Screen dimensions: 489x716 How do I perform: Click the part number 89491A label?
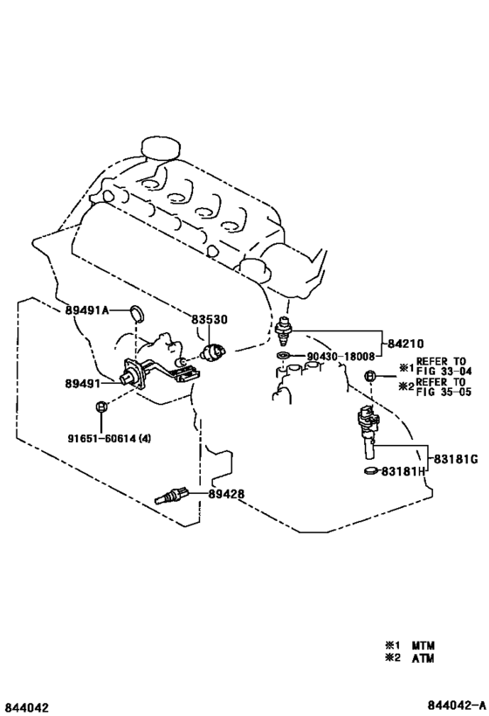[87, 310]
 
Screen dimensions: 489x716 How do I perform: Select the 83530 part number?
[209, 320]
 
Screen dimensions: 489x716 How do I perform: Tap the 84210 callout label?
[405, 344]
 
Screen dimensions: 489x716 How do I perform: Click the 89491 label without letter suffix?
[83, 384]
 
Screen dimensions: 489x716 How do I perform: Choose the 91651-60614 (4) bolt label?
[109, 439]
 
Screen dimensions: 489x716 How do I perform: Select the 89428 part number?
[227, 494]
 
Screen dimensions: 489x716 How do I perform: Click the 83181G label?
[456, 459]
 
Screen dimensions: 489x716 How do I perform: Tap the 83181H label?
[403, 471]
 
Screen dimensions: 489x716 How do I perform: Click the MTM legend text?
[424, 645]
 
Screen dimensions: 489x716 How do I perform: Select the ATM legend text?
[424, 658]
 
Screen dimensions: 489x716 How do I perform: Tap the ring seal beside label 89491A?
[136, 313]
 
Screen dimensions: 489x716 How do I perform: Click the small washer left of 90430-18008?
[283, 355]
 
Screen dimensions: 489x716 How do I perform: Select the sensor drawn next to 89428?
[171, 497]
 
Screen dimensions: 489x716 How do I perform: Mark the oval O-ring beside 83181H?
[372, 471]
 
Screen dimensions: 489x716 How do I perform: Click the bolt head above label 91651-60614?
[101, 406]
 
